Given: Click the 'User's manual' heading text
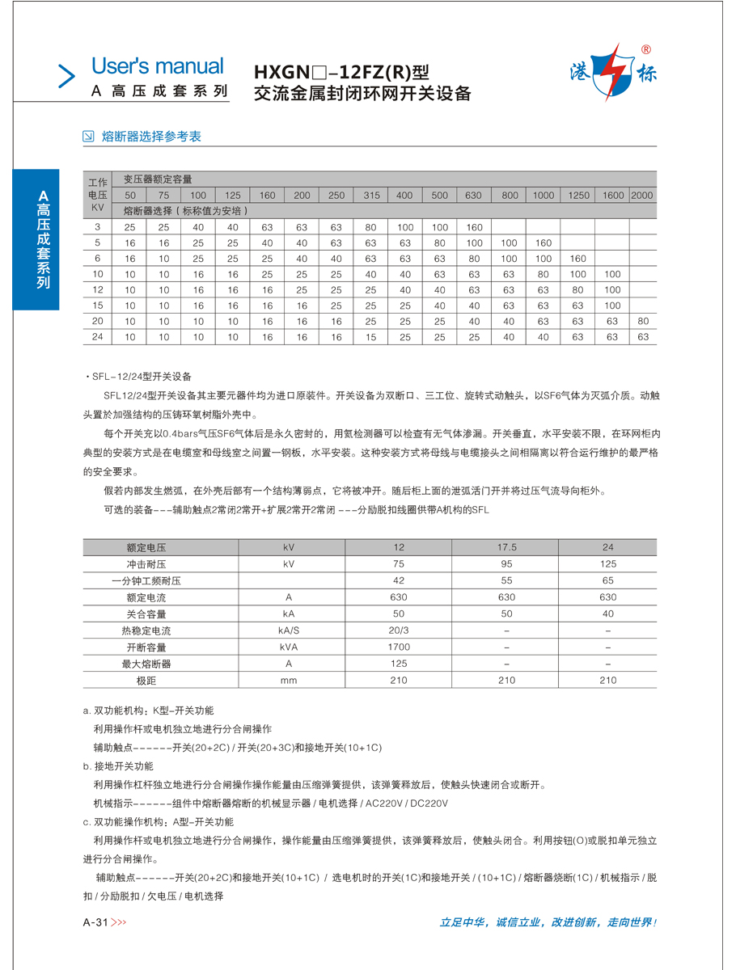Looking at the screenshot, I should (x=157, y=66).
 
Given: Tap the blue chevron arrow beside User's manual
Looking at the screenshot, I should (x=66, y=75).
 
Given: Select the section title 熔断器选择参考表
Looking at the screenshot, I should (x=151, y=137).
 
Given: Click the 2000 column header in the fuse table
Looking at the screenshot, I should (x=642, y=196).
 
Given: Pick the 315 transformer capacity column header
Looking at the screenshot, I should (x=371, y=196).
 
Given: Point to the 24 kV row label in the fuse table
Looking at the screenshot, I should (x=97, y=337).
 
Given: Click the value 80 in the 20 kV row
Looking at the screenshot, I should (x=642, y=321).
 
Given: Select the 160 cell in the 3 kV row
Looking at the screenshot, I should (x=475, y=227).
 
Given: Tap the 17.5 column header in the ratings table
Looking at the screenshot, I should (x=506, y=547).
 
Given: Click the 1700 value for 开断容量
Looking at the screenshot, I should (x=399, y=647).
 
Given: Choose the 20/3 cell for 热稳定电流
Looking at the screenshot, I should (x=399, y=630).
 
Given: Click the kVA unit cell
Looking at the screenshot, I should (x=289, y=647).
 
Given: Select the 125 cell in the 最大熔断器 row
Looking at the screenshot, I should (x=399, y=664).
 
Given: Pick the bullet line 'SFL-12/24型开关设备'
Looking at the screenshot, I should (x=141, y=377).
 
